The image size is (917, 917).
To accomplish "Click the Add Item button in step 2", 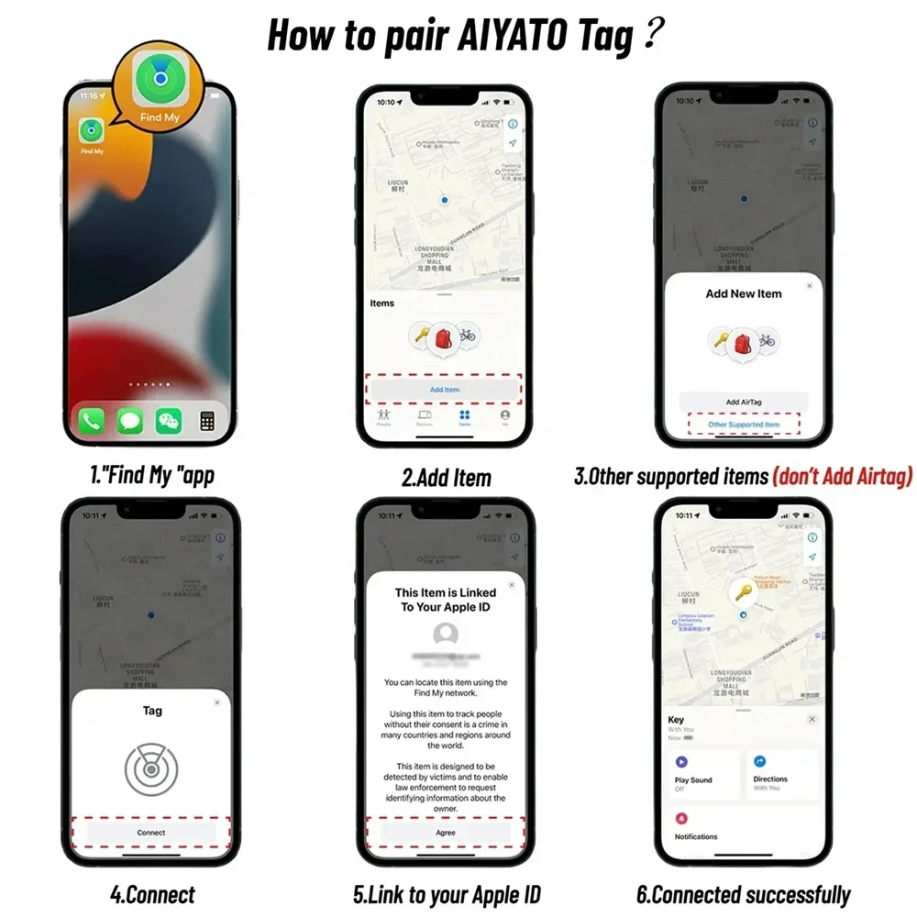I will [445, 390].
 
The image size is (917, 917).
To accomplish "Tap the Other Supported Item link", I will [744, 425].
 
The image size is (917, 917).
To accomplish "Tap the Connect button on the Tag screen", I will [151, 833].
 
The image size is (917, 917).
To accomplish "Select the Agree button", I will [446, 833].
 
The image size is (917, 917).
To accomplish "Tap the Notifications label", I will [696, 836].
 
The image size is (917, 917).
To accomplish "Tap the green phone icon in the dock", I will [93, 421].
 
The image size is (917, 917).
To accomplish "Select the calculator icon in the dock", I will [207, 421].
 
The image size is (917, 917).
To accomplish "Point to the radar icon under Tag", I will [151, 768].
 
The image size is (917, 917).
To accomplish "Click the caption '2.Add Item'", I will [447, 478].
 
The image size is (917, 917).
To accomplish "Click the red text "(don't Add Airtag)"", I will [841, 477].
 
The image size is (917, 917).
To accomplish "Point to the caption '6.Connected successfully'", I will [743, 895].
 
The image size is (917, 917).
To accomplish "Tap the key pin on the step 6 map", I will [744, 591].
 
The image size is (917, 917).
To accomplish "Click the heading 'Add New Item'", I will [744, 293].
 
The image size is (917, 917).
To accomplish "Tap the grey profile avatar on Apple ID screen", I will [446, 634].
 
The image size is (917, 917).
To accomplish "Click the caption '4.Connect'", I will [152, 895].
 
